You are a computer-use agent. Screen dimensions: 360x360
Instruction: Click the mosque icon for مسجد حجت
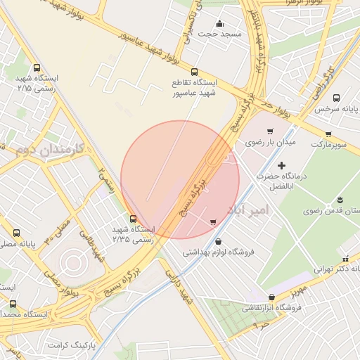[x=220, y=23]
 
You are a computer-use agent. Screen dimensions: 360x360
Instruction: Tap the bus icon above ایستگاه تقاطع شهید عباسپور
[x=195, y=72]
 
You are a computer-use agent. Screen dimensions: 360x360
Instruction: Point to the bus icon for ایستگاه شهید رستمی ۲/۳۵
[x=134, y=218]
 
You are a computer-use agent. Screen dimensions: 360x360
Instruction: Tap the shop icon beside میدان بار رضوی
[x=270, y=131]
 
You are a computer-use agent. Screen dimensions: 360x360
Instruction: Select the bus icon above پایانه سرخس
[x=336, y=98]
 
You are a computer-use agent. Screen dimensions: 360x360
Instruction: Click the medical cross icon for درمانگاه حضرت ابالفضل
[x=282, y=165]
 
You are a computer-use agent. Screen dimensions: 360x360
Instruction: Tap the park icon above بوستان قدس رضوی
[x=341, y=200]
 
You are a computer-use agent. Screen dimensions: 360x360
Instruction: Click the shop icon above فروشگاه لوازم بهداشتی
[x=213, y=223]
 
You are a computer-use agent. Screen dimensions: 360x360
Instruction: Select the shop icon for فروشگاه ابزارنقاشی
[x=272, y=297]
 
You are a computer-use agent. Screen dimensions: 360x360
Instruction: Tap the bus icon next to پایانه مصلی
[x=16, y=233]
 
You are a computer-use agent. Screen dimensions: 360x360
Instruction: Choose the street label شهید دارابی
[x=181, y=289]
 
